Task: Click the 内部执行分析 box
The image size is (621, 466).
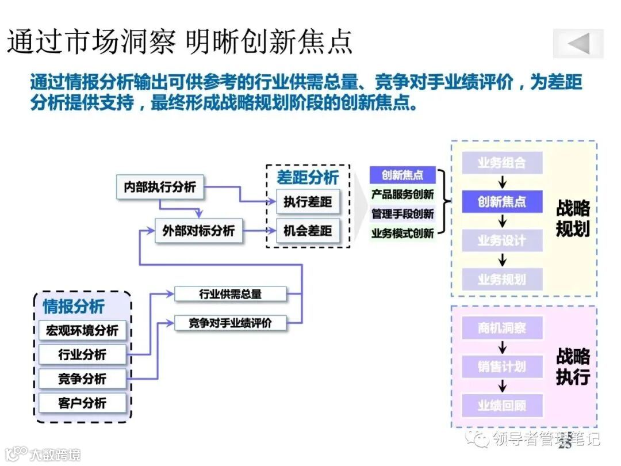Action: click(160, 187)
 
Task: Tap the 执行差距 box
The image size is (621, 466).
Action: click(308, 202)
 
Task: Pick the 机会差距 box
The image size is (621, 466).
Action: click(308, 231)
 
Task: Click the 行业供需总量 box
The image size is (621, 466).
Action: click(230, 294)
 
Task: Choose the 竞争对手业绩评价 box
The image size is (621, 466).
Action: click(230, 323)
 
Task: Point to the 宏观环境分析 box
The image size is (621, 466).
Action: click(82, 330)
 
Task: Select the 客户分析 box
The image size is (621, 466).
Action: click(82, 403)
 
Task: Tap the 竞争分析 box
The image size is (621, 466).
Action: click(82, 379)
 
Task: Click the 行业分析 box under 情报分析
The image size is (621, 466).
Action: click(82, 354)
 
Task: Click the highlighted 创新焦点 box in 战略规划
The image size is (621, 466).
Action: click(502, 202)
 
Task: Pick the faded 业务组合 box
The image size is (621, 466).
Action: click(502, 163)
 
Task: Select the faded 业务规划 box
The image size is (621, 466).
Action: click(502, 280)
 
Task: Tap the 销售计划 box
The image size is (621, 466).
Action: click(502, 366)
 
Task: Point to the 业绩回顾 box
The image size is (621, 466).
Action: click(502, 405)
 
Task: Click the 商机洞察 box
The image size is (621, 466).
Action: click(502, 329)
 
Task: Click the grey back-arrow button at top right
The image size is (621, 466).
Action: click(578, 44)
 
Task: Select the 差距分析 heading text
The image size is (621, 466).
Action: click(308, 177)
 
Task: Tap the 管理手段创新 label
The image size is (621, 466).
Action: click(402, 214)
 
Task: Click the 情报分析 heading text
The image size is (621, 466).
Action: click(74, 307)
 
